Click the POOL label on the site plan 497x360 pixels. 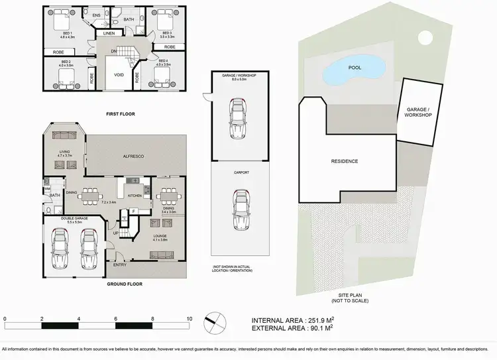pos(355,67)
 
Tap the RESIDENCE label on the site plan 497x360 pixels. pos(344,161)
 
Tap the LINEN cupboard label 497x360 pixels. pos(109,33)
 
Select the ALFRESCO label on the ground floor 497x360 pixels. pos(135,155)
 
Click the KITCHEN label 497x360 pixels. pos(135,196)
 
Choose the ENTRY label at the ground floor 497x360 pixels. pos(119,265)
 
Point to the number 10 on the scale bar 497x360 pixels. pos(190,319)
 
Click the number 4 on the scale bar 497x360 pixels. pos(79,319)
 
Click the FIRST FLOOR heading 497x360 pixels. pos(120,114)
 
